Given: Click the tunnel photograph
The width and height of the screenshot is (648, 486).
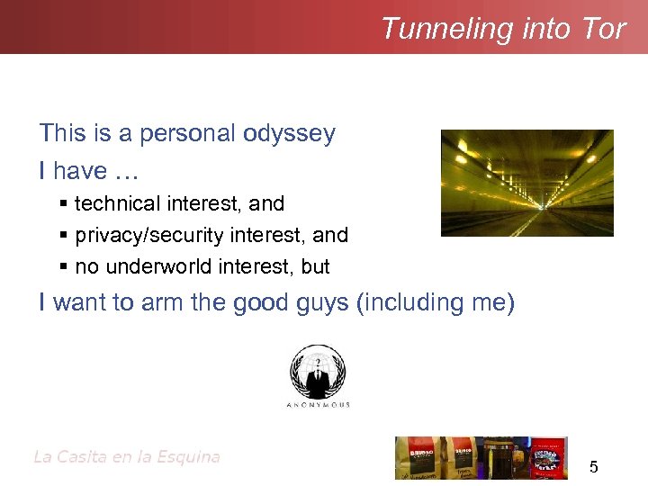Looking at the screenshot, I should point(526,183).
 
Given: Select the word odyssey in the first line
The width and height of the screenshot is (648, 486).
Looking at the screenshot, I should point(289,134).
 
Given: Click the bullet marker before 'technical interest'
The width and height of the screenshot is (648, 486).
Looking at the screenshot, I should point(62,204).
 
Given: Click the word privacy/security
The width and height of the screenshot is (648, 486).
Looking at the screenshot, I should point(150,236).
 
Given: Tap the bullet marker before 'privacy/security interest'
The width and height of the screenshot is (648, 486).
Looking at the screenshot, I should point(62,236).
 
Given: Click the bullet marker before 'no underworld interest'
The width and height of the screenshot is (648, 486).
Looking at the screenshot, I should point(62,266).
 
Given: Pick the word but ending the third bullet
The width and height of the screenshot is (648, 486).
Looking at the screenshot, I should point(316,266).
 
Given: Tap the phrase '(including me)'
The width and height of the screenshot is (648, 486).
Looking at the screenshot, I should point(436,302).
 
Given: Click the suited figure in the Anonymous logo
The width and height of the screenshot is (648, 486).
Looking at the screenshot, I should point(317,376).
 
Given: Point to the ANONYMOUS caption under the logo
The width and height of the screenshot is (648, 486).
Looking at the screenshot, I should point(318,405).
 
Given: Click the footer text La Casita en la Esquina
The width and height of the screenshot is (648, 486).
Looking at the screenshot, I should point(126,457).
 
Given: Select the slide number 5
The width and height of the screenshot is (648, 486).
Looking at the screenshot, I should point(593,467).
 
